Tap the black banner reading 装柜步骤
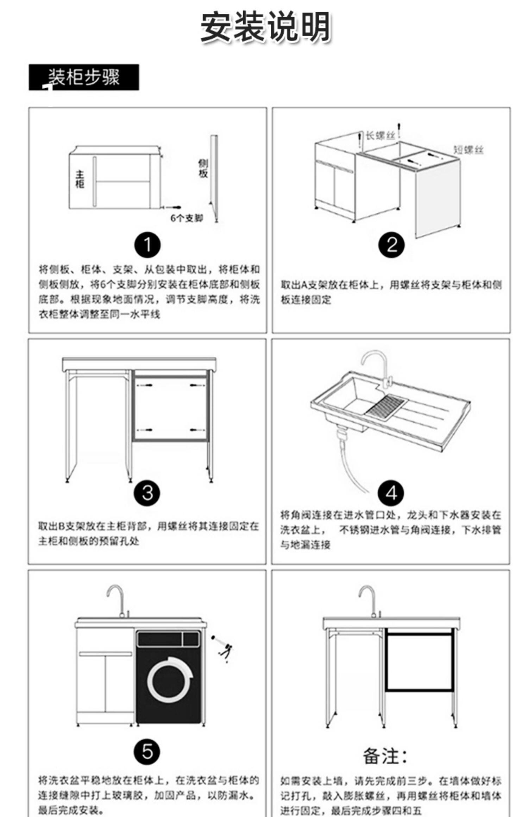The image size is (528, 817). (84, 77)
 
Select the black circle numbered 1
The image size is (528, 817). (147, 245)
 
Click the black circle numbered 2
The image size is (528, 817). (391, 245)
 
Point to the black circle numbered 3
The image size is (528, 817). (147, 493)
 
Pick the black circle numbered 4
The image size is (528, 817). (391, 493)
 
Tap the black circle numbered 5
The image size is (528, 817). (147, 752)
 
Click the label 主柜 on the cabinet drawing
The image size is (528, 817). (80, 179)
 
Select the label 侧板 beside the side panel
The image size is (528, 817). (203, 168)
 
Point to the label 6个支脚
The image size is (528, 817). (187, 218)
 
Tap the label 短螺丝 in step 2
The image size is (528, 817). (468, 150)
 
